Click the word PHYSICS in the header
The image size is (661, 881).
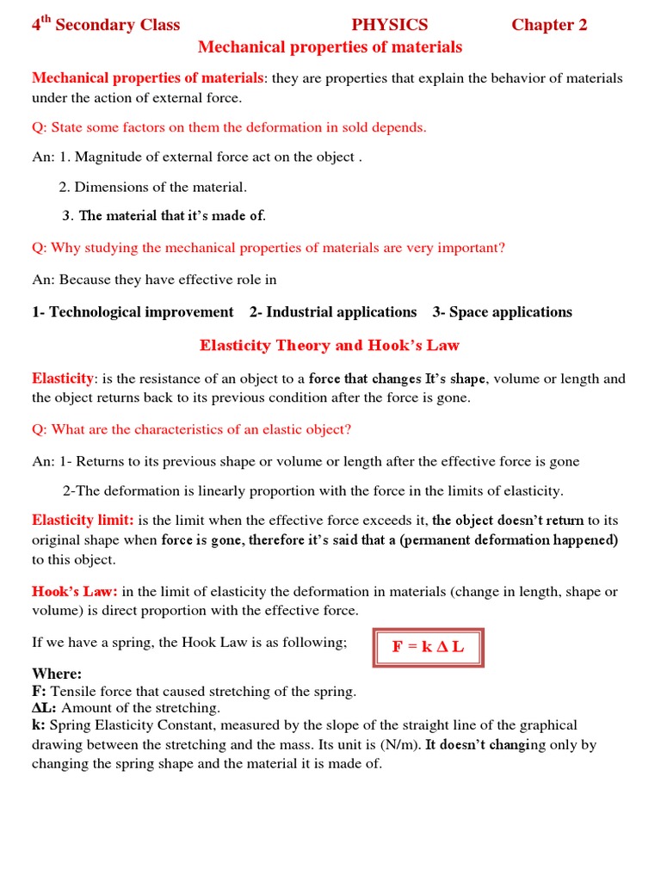[x=389, y=25]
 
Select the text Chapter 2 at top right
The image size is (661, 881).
[x=549, y=25]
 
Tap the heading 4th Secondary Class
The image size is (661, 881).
[x=106, y=25]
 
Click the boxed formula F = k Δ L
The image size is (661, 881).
[x=428, y=647]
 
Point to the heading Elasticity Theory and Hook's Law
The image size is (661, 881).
[x=330, y=346]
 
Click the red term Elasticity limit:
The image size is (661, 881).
[x=83, y=521]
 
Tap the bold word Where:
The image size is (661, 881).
[x=57, y=674]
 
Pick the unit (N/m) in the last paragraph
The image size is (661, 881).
[x=398, y=745]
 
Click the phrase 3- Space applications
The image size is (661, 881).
[x=502, y=312]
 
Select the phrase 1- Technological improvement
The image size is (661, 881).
[x=133, y=312]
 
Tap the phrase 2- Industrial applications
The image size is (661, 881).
[x=333, y=312]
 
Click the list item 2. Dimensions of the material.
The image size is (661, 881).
[x=153, y=187]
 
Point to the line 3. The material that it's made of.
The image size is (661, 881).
[x=164, y=216]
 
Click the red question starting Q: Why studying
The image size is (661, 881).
[x=269, y=248]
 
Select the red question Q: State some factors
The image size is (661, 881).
[x=229, y=127]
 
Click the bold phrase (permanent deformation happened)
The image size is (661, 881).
[x=509, y=540]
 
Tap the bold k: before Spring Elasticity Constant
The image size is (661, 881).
[x=39, y=725]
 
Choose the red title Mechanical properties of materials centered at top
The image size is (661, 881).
[x=330, y=47]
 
